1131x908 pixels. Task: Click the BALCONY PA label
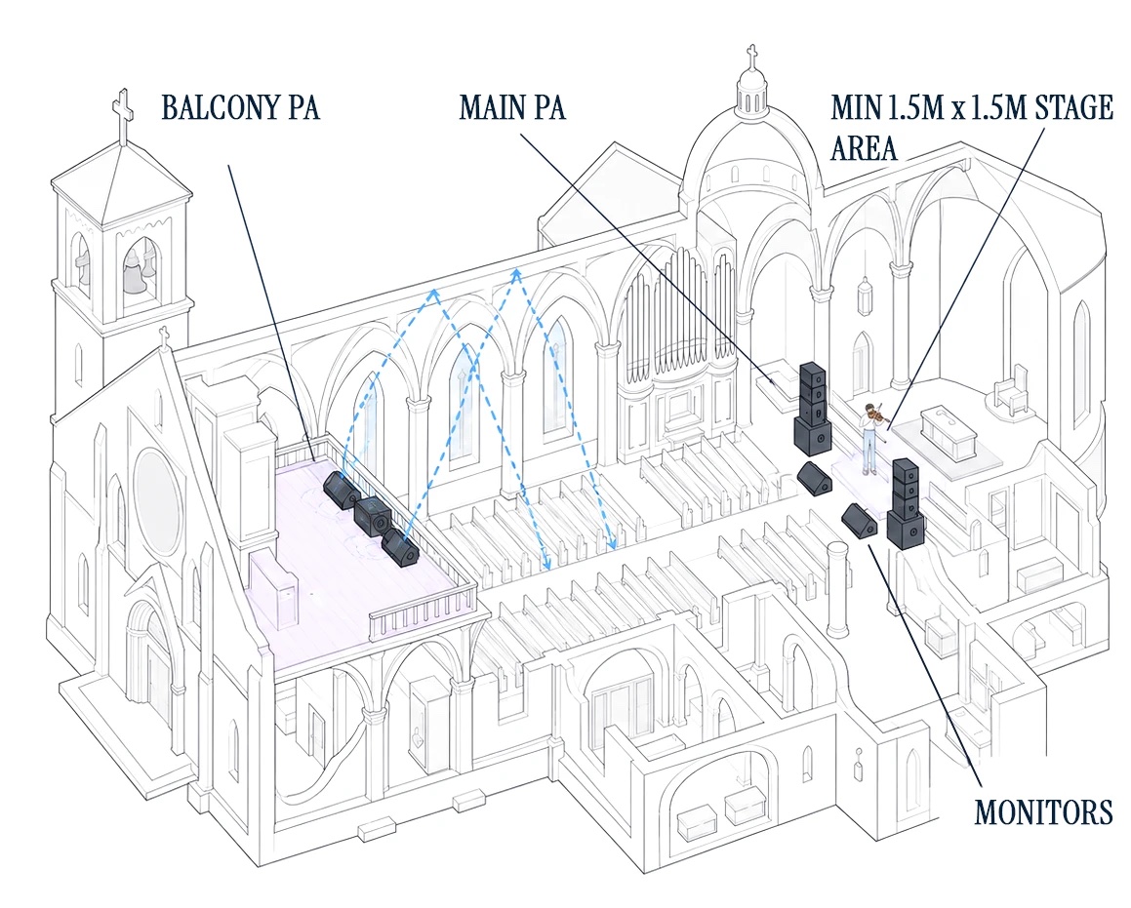pyautogui.click(x=240, y=107)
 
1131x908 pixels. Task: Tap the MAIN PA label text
pyautogui.click(x=512, y=107)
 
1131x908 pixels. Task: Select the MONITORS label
pyautogui.click(x=1044, y=811)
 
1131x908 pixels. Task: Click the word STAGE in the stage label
pyautogui.click(x=1074, y=107)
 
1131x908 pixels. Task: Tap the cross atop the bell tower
pyautogui.click(x=123, y=114)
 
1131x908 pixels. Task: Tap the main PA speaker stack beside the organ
pyautogui.click(x=813, y=408)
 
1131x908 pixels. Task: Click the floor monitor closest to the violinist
pyautogui.click(x=815, y=478)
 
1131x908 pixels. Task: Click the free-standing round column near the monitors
pyautogui.click(x=837, y=590)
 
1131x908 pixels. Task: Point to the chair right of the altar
pyautogui.click(x=1013, y=392)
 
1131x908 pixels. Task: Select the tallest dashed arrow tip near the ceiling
pyautogui.click(x=516, y=272)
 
